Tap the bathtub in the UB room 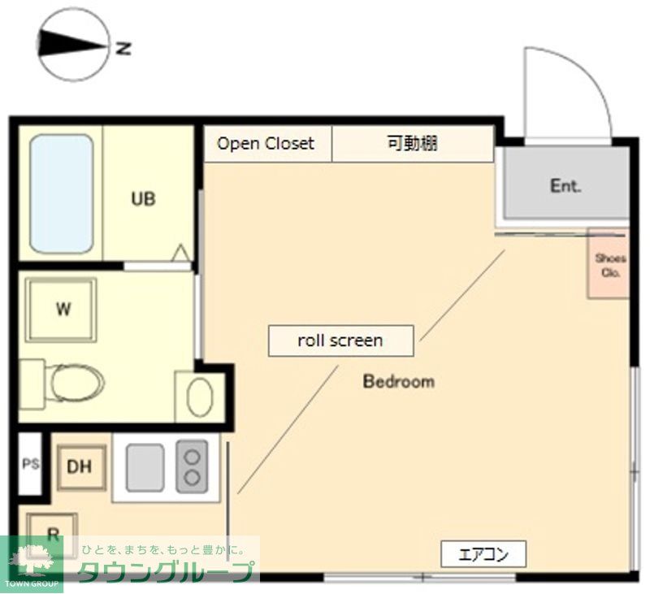(61, 193)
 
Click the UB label (144, 198)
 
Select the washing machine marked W (61, 309)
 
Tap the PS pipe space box (30, 466)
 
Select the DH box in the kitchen (80, 467)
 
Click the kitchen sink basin (145, 467)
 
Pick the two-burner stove (192, 466)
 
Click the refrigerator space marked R (53, 533)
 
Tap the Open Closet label (266, 144)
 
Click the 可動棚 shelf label (412, 144)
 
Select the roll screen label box (340, 340)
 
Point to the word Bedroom (398, 381)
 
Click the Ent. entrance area (565, 186)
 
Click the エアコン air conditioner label (483, 555)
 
